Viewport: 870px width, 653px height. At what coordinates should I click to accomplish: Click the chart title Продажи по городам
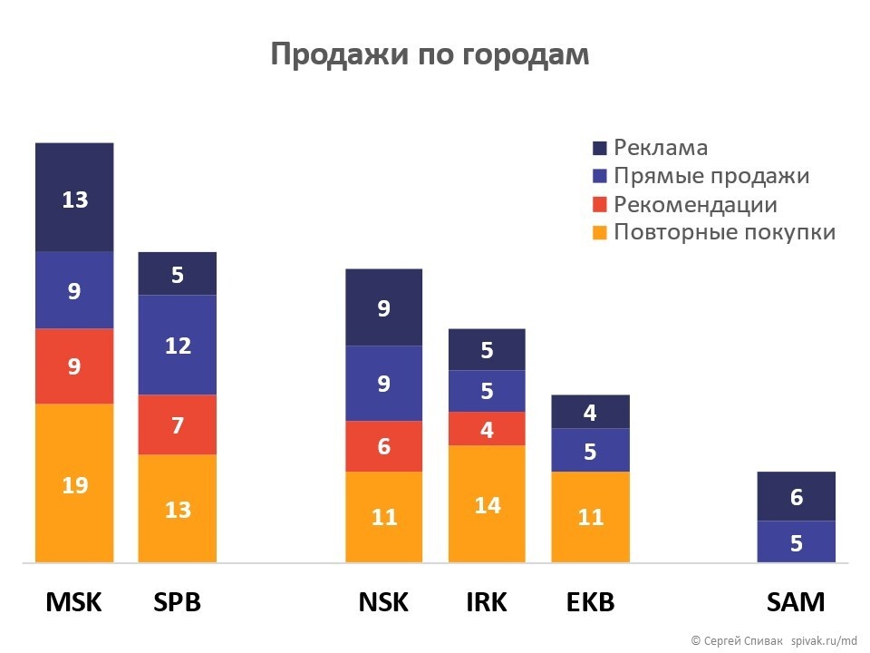(x=430, y=54)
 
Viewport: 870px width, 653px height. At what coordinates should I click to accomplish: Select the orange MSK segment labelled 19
(x=74, y=483)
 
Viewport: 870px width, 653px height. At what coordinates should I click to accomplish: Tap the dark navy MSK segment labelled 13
(x=74, y=198)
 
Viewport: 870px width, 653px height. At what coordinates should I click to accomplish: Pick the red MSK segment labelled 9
(x=74, y=366)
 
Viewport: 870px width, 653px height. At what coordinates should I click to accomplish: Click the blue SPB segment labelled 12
(x=178, y=345)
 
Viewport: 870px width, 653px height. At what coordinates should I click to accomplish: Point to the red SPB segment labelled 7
(x=178, y=424)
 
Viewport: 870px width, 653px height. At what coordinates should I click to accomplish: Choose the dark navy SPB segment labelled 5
(x=178, y=274)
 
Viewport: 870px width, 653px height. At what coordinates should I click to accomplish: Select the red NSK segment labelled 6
(x=384, y=446)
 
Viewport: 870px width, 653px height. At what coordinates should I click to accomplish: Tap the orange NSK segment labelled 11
(x=384, y=517)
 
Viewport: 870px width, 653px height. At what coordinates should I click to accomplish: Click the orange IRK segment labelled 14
(x=488, y=504)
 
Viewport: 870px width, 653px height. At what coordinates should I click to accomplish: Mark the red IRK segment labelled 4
(x=488, y=429)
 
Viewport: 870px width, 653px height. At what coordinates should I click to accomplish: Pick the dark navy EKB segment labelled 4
(x=590, y=412)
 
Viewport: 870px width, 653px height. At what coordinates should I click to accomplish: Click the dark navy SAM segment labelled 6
(x=796, y=496)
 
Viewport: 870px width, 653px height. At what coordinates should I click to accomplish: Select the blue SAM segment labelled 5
(x=796, y=542)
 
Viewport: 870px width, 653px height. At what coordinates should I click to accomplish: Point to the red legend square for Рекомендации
(x=599, y=205)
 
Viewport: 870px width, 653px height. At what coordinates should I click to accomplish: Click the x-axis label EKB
(x=590, y=602)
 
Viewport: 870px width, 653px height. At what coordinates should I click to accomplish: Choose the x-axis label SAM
(x=796, y=602)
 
